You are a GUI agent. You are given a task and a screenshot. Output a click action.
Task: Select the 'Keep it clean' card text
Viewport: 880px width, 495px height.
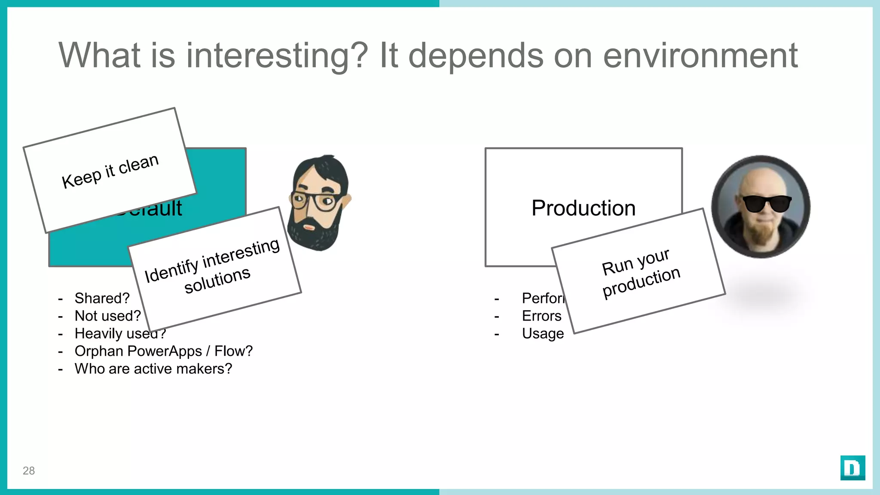click(110, 171)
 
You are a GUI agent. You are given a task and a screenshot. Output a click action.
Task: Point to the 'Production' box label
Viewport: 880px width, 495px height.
click(583, 208)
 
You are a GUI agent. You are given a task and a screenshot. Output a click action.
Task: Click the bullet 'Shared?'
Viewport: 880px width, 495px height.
click(102, 298)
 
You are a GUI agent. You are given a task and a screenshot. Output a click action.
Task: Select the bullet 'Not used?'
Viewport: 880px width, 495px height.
click(107, 316)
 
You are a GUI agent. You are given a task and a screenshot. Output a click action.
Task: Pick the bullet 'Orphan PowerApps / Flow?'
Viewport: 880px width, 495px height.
click(163, 351)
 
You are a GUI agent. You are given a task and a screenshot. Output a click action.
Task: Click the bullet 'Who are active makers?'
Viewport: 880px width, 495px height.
click(153, 369)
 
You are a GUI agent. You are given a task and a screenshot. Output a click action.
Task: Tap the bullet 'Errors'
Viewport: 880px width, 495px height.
click(541, 316)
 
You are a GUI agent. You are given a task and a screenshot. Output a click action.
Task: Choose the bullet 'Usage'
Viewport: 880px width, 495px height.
click(543, 333)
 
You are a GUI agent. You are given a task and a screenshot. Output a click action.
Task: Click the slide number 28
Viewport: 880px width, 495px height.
click(29, 471)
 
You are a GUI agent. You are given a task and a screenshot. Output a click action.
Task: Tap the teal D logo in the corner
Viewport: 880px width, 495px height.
click(852, 467)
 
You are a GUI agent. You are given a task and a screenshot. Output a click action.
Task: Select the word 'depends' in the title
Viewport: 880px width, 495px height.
click(475, 56)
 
